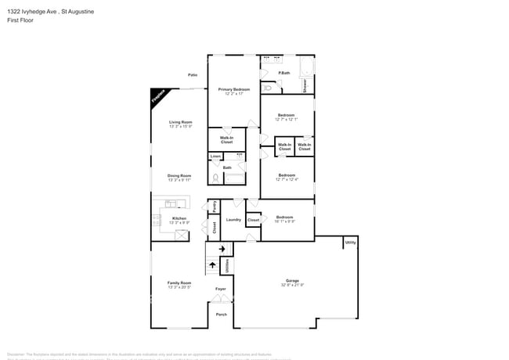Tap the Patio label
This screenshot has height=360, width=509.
pos(193,75)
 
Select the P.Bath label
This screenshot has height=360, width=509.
pos(284,74)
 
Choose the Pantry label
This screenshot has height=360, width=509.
pos(215,207)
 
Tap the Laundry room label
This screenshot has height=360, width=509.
pos(233,220)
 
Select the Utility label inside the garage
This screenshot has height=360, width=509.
pos(350,243)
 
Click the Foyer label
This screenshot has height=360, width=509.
pos(221,290)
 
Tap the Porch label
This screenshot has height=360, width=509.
pos(221,315)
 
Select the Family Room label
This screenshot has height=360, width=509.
pos(179,283)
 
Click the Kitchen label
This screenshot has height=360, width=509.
pos(179,218)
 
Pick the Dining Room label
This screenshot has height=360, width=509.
pos(179,175)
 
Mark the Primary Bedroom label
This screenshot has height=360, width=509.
pos(234,89)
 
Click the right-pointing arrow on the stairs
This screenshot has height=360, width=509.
pos(222,249)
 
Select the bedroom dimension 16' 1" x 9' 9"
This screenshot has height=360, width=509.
pos(284,221)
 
